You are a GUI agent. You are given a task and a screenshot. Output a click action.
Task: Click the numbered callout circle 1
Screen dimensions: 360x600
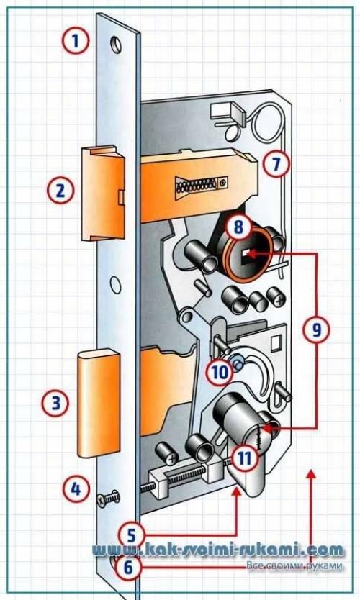pos(76,40)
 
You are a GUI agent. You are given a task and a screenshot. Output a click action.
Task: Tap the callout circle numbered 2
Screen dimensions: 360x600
pos(60,191)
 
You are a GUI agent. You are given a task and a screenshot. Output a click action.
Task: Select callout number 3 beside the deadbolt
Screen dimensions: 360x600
pos(56,403)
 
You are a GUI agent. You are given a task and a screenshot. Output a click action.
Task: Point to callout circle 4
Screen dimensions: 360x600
pos(76,488)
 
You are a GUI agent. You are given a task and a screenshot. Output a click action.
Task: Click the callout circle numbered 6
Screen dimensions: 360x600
pos(129,567)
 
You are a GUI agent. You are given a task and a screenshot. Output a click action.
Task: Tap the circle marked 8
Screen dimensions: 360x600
pos(238,227)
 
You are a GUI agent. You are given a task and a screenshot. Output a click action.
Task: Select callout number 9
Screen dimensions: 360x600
pos(316,329)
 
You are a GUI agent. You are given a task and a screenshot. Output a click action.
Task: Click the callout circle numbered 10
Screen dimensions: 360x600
pos(220,372)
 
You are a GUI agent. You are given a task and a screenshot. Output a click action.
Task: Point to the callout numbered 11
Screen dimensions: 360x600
pos(245,457)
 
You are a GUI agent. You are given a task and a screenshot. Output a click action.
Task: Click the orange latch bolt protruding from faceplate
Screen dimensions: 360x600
pos(103,193)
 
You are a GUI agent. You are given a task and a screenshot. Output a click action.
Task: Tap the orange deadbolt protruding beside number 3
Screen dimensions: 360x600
pos(99,404)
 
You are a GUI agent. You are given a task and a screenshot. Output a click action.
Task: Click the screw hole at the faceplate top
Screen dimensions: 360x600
pos(116,45)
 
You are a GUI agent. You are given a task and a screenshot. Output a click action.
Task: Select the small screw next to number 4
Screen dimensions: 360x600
pos(108,499)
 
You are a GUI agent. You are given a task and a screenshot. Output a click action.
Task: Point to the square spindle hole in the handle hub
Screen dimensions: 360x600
pos(246,254)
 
